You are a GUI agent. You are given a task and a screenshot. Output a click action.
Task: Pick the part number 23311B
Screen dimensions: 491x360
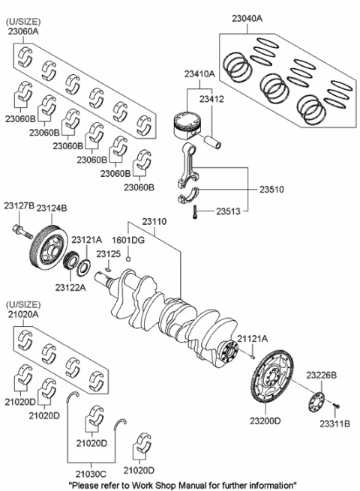point(335,424)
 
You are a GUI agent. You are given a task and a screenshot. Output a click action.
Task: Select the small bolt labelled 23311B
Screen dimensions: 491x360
point(337,405)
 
